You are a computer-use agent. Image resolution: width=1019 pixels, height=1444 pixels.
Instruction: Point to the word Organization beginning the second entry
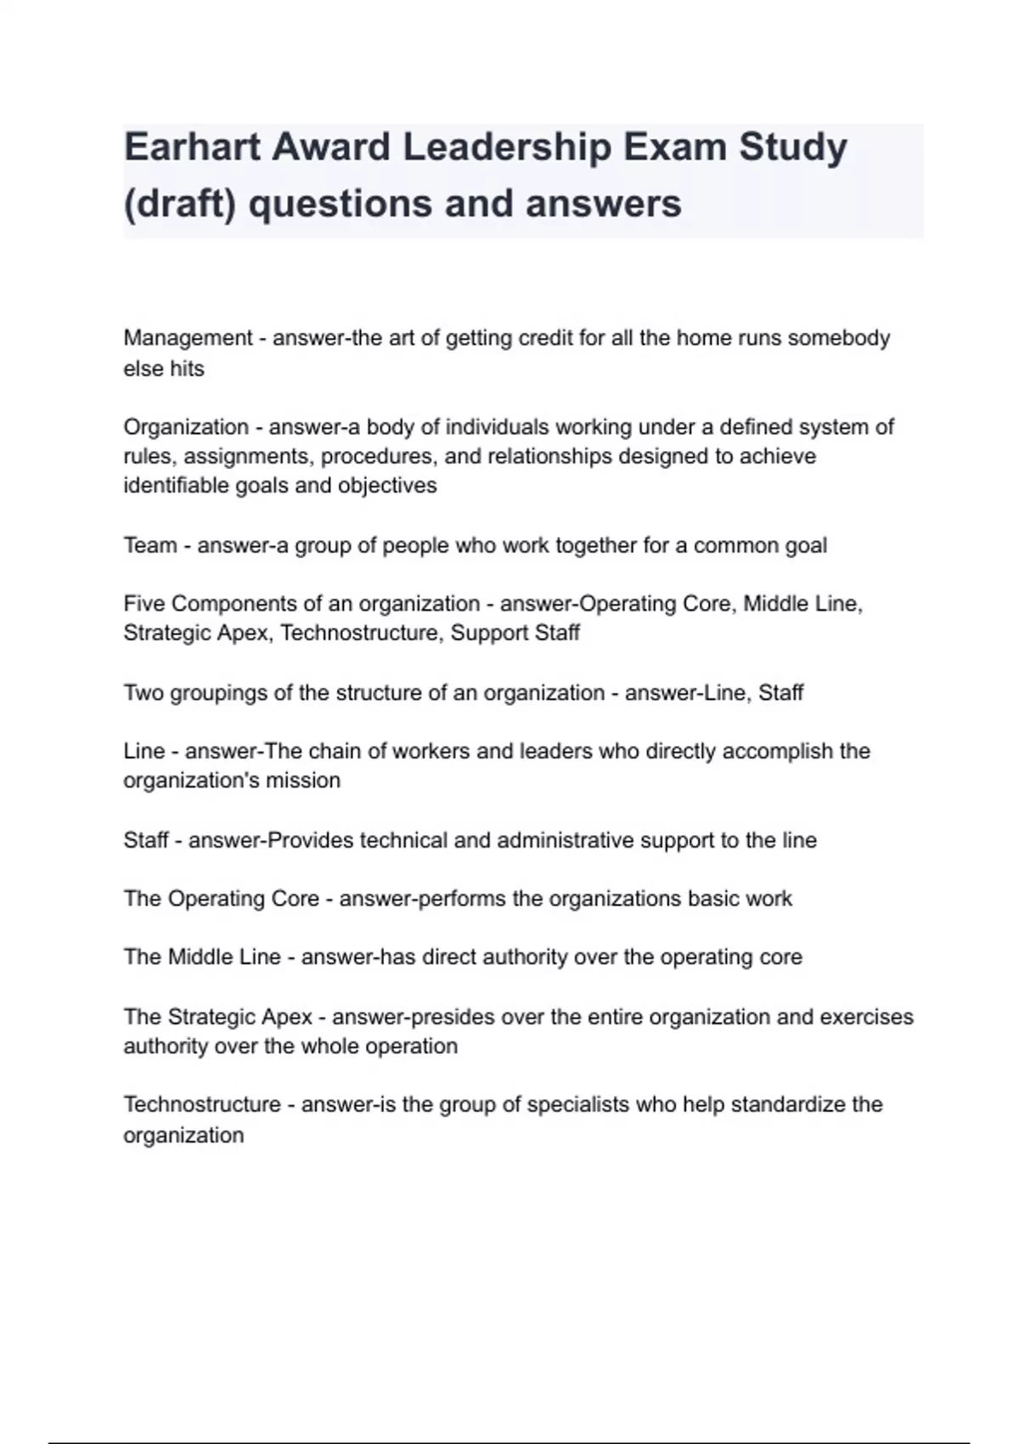(x=186, y=427)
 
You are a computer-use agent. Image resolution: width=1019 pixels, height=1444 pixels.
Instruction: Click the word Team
(x=149, y=545)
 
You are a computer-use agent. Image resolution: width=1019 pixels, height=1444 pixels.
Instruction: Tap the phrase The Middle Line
(x=201, y=957)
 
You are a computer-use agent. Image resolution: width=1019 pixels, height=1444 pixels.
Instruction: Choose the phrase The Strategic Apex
(x=217, y=1018)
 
